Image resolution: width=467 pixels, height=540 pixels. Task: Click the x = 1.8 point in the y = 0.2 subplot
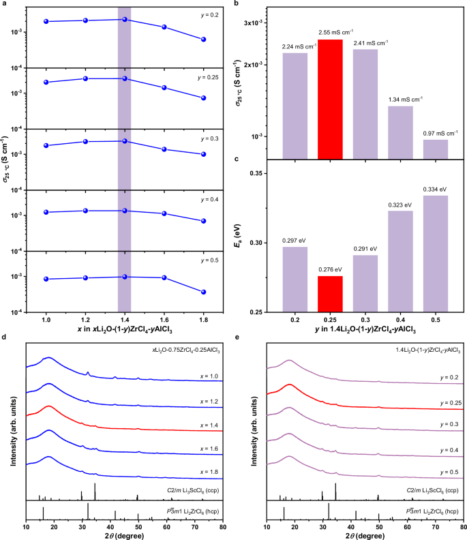[203, 40]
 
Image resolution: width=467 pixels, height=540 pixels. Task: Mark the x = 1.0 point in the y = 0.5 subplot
[46, 279]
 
